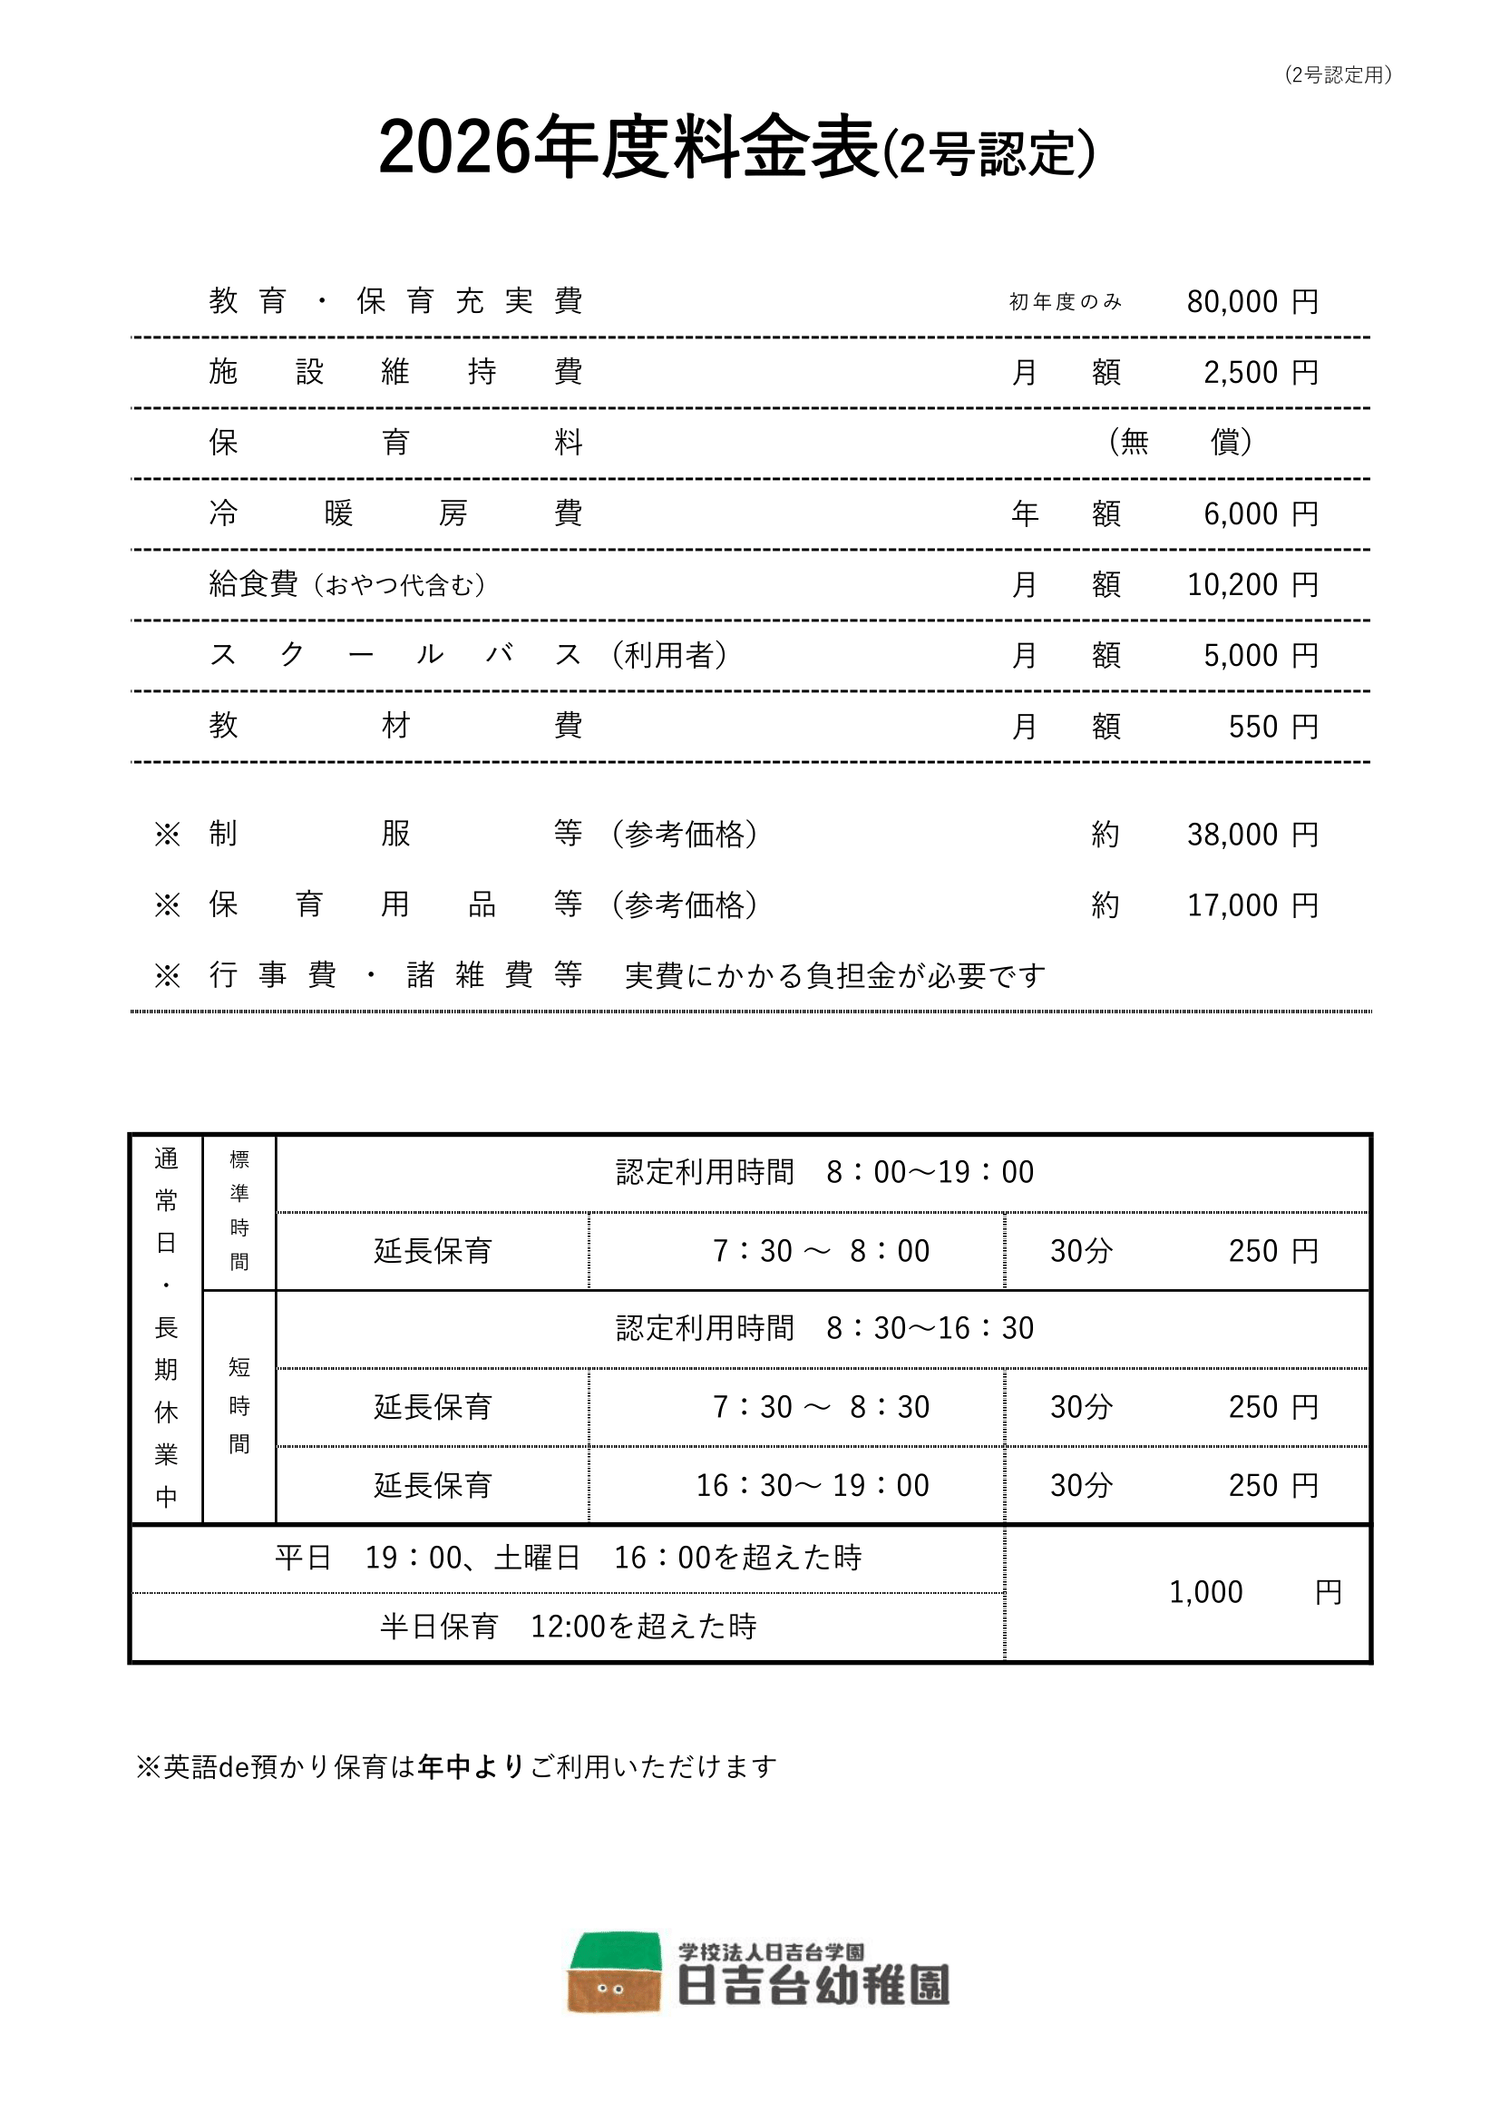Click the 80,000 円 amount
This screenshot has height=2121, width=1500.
tap(1252, 301)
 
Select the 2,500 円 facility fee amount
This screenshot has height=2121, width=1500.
tap(1260, 372)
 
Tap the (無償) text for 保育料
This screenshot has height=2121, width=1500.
tap(1180, 443)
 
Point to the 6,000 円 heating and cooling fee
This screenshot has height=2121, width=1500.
tap(1260, 513)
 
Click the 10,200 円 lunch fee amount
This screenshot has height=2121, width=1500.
tap(1252, 585)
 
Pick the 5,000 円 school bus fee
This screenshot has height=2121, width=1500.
tap(1260, 656)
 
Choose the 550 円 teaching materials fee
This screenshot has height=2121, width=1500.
tap(1271, 727)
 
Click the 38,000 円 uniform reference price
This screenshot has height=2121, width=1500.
tap(1252, 835)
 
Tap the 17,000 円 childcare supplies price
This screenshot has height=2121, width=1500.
tap(1252, 905)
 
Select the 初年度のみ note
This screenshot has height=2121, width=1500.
tap(1065, 302)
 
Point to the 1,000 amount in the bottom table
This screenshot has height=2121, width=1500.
tap(1205, 1593)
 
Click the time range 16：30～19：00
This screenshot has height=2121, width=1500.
tap(812, 1485)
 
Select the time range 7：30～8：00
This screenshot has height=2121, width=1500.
tap(820, 1251)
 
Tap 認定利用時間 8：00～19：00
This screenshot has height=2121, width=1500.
tap(823, 1172)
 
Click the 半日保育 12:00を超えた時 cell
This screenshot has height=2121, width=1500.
tap(568, 1626)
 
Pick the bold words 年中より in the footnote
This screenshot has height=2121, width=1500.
tap(470, 1766)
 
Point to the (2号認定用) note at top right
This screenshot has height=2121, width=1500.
tap(1338, 74)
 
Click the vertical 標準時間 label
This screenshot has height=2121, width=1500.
tap(239, 1210)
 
